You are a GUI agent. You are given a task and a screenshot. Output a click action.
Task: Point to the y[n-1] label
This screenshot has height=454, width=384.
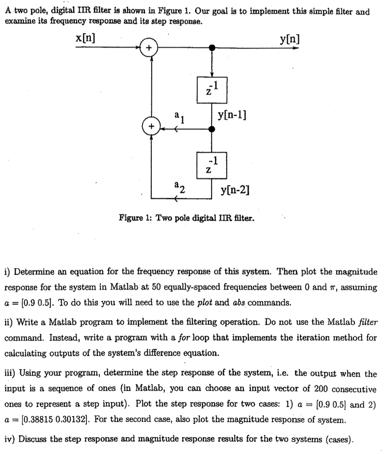pos(232,116)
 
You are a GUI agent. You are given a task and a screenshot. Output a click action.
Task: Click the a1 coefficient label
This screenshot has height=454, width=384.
pos(178,116)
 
